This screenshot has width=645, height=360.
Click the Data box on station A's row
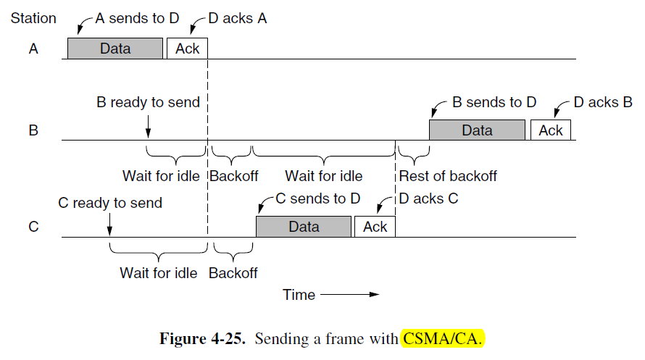[115, 49]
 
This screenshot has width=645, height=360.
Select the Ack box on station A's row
[188, 49]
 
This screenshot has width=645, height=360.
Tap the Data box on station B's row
[477, 130]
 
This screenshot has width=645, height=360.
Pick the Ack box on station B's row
[551, 130]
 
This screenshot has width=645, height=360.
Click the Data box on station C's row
[304, 227]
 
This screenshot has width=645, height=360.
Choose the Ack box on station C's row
[375, 227]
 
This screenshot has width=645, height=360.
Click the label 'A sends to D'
[137, 19]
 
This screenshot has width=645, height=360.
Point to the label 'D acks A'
[237, 19]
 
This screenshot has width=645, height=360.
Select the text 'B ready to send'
[148, 103]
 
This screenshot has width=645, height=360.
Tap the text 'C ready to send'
[110, 203]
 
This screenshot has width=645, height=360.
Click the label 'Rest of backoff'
[448, 176]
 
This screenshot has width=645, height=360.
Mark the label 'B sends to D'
[494, 103]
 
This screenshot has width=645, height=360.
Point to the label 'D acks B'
[603, 103]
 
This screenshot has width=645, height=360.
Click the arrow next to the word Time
[349, 295]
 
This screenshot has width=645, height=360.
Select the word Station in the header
[33, 19]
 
